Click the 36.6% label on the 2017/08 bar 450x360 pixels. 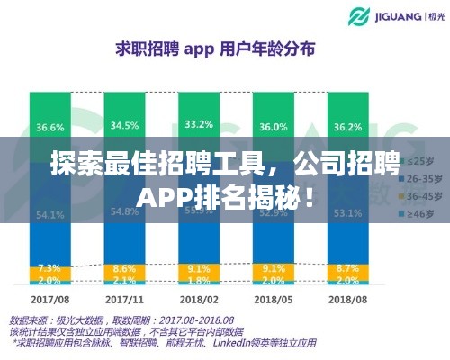tap(51, 127)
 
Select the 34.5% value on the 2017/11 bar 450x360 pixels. tap(123, 125)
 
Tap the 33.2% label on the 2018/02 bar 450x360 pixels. tap(198, 124)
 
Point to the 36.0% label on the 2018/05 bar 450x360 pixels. tap(274, 127)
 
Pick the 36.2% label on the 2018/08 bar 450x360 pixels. tap(346, 127)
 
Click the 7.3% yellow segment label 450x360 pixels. tap(51, 268)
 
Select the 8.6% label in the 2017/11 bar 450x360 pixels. tap(123, 267)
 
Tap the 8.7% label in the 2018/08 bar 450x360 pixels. tap(346, 267)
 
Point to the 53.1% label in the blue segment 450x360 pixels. tap(346, 212)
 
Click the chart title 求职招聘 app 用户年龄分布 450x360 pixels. tap(214, 49)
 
